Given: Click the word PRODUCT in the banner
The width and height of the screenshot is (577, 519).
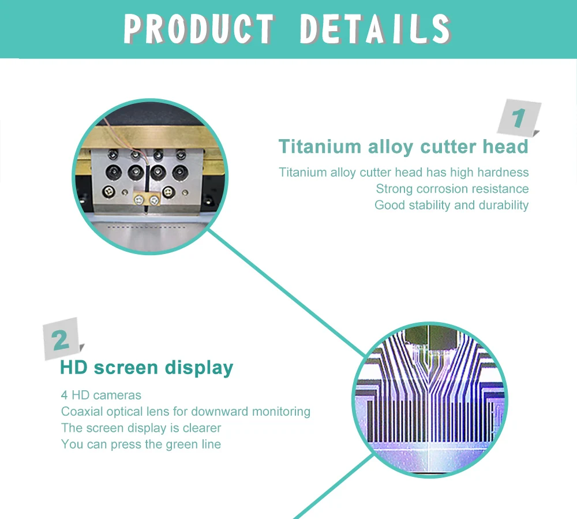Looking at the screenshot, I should tap(200, 28).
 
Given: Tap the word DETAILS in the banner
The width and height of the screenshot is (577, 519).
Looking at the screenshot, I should tap(375, 28).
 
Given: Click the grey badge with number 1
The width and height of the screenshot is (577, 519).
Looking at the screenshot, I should tap(519, 118).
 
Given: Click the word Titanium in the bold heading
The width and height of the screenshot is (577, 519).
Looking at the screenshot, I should tap(319, 147).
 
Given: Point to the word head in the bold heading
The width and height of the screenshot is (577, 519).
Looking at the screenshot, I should tap(505, 147).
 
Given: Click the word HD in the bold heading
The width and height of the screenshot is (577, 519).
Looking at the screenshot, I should tap(74, 367).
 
